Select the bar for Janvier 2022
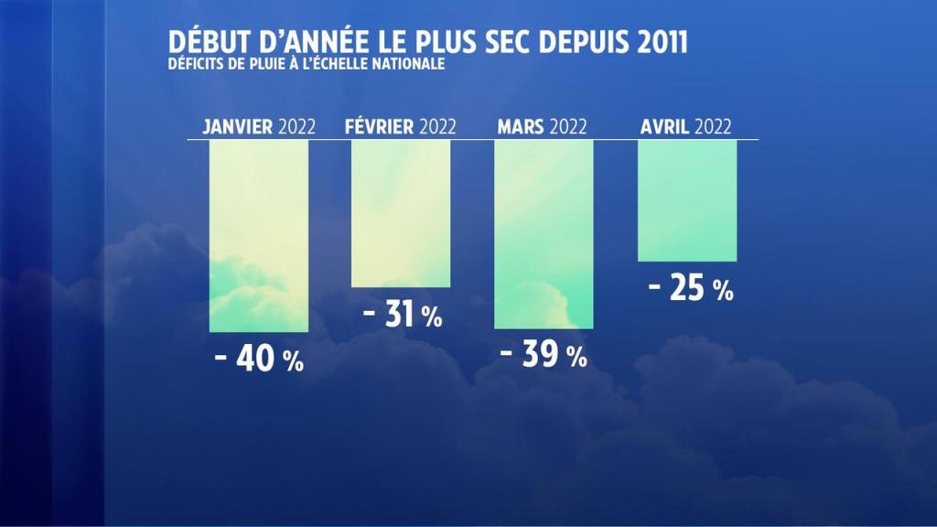click(x=259, y=236)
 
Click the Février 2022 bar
click(x=401, y=213)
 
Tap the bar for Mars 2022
click(x=544, y=234)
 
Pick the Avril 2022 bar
click(x=686, y=200)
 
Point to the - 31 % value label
click(x=402, y=316)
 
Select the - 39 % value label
click(x=544, y=355)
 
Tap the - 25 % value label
click(x=690, y=289)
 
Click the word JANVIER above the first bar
click(x=238, y=127)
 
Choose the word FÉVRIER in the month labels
click(x=380, y=127)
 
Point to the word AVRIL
click(x=665, y=127)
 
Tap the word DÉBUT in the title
click(x=201, y=42)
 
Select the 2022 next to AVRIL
click(x=714, y=127)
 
